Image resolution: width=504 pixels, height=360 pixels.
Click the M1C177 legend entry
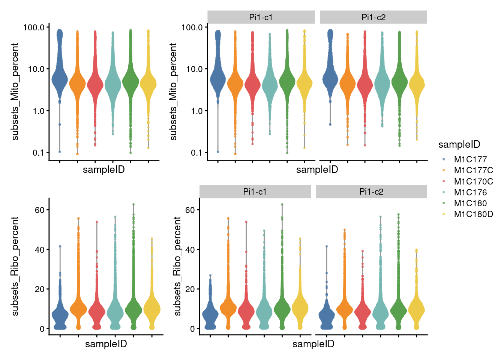click(470, 159)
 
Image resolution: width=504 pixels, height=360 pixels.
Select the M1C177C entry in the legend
click(473, 170)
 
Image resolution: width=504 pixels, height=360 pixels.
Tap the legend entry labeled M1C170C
click(473, 181)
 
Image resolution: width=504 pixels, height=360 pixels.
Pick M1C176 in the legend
click(470, 192)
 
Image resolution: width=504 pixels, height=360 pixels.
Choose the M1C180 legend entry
click(470, 203)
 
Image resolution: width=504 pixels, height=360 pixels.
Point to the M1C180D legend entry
click(473, 214)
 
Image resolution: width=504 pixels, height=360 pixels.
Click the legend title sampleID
click(459, 144)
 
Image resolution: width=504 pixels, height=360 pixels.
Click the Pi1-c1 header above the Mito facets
click(261, 17)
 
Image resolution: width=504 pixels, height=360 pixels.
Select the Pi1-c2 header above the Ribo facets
click(371, 192)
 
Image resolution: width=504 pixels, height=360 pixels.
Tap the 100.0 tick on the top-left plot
click(34, 27)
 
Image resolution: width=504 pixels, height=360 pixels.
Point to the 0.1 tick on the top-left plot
click(38, 153)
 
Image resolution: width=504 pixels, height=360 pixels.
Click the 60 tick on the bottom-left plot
click(40, 210)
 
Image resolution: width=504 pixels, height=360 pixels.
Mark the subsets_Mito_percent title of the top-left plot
click(15, 91)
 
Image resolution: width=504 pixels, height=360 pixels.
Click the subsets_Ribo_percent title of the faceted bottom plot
click(177, 266)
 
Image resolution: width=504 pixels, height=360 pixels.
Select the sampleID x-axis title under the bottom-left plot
click(106, 344)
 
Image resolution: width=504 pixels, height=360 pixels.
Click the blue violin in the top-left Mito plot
click(60, 79)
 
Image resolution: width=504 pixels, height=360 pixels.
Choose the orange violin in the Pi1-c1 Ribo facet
click(228, 308)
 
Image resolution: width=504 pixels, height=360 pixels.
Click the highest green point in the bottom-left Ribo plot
click(133, 205)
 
